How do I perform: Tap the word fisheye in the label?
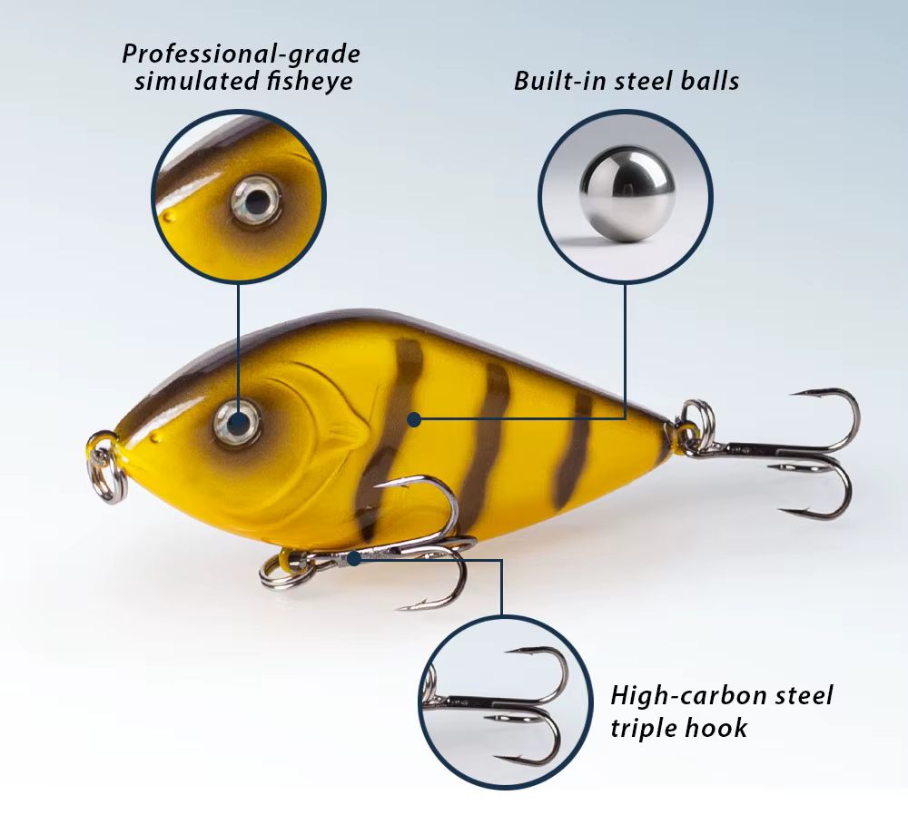[310, 80]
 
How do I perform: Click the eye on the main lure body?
[237, 422]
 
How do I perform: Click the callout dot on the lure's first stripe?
[413, 419]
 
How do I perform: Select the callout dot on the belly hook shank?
[353, 558]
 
